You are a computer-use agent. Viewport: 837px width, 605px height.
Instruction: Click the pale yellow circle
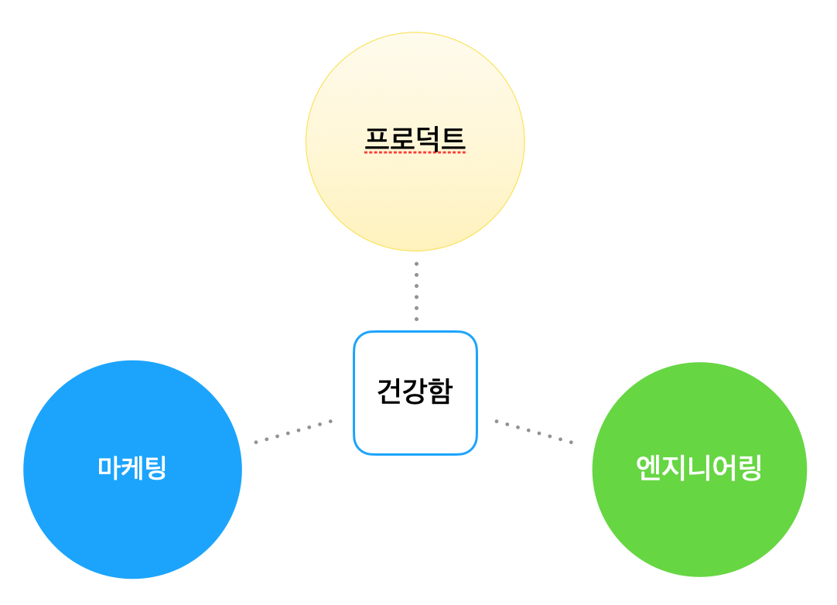tap(415, 142)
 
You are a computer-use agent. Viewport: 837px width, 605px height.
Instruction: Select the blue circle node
tap(132, 470)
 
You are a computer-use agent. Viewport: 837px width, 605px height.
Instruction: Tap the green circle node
tap(699, 470)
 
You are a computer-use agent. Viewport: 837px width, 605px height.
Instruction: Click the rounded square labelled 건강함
tap(415, 393)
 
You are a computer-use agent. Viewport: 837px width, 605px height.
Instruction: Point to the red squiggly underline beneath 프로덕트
tap(415, 152)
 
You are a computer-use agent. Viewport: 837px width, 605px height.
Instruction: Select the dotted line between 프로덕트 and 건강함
tap(416, 291)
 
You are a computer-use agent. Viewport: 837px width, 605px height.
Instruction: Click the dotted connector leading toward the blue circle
tap(293, 432)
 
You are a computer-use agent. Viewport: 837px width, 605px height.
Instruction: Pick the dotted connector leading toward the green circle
tap(534, 432)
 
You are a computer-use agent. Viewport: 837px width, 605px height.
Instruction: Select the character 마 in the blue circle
tap(109, 467)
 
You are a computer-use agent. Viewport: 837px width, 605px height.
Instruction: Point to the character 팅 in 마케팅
tap(155, 468)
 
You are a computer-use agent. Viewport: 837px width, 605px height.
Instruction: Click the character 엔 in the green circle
tap(648, 468)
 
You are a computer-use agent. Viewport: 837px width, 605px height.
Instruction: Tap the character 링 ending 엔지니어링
tap(750, 468)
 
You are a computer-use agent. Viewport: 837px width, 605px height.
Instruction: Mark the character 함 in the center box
tap(440, 391)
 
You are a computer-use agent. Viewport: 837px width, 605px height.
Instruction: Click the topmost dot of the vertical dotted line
tap(416, 263)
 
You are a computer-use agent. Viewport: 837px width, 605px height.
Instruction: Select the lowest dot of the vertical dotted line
tap(416, 320)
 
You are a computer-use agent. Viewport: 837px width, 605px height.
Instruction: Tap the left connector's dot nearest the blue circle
tap(256, 442)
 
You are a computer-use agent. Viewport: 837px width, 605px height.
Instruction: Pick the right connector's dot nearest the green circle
tap(571, 442)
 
